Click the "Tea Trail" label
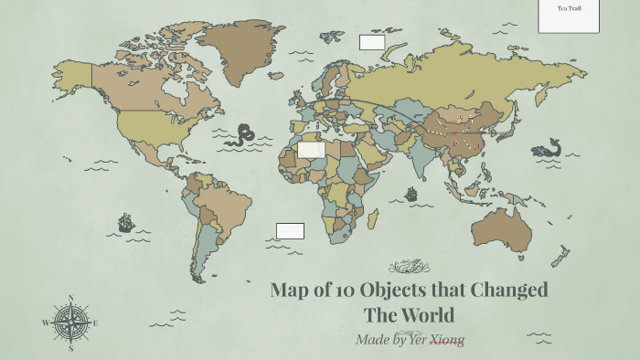point(569,9)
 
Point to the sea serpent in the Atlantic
point(244,135)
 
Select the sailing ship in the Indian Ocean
point(411,194)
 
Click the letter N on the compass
point(70,298)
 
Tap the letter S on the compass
point(70,347)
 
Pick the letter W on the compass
point(45,323)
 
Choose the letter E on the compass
point(95,323)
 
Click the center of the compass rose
point(70,323)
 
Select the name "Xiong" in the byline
point(447,340)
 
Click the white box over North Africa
point(311,149)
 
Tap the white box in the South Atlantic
point(290,231)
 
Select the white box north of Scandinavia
point(372,42)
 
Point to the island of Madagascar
point(372,219)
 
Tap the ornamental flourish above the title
point(408,267)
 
